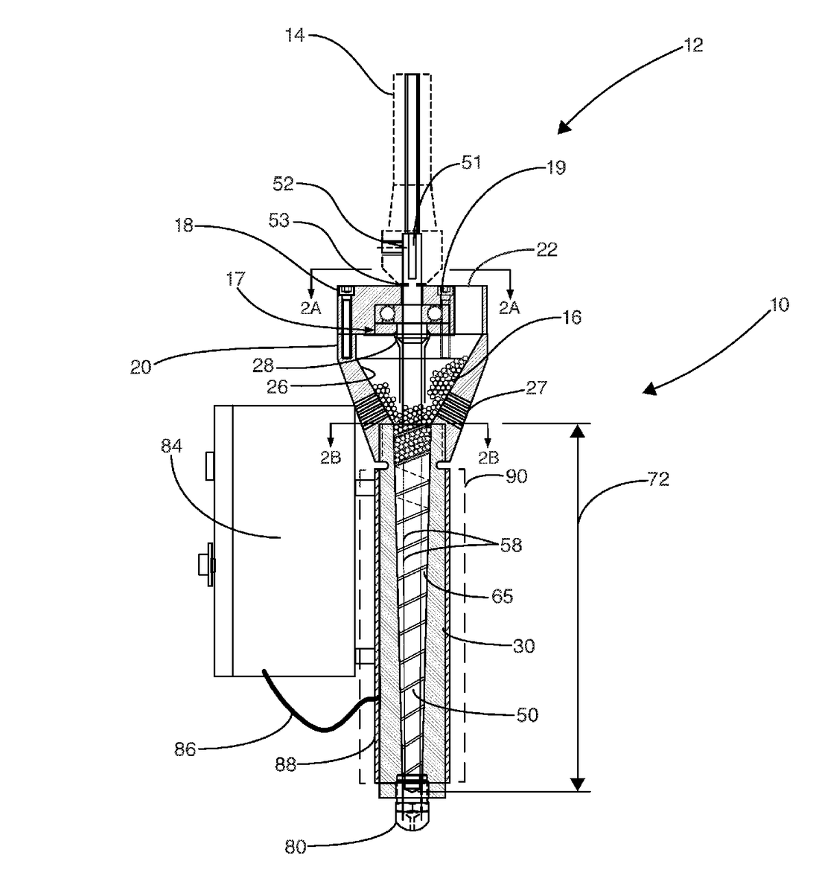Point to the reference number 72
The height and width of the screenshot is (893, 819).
(x=657, y=480)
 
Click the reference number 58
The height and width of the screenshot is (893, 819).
(x=510, y=545)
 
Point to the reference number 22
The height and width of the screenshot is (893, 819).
(x=547, y=251)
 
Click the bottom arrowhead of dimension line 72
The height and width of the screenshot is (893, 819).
(x=578, y=784)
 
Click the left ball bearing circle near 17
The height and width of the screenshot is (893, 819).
(x=387, y=312)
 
